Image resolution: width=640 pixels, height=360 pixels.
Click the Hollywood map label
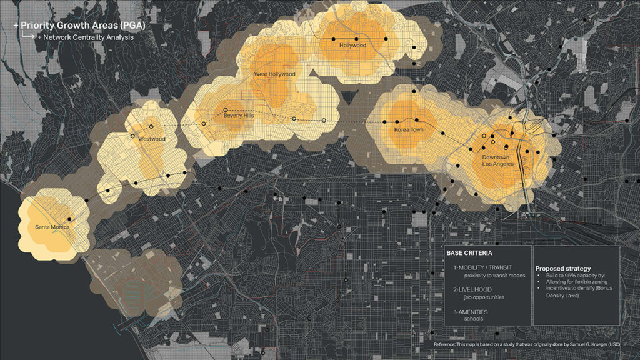point(352,46)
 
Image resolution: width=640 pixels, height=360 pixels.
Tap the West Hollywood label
point(274,74)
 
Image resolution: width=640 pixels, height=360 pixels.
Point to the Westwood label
point(152,139)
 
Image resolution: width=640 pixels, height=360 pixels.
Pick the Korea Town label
point(409,130)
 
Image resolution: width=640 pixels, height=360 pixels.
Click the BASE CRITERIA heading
point(469,253)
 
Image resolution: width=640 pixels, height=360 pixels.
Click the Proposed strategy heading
point(562,268)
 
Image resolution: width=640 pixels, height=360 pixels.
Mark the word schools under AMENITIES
point(474,319)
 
